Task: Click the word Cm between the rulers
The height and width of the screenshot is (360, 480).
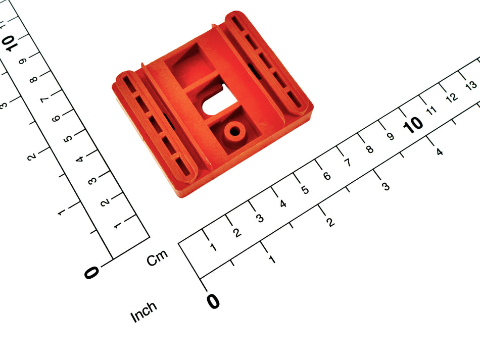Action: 157,258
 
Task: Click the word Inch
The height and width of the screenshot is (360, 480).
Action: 144,312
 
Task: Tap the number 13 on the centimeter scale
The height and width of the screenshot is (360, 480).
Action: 471,85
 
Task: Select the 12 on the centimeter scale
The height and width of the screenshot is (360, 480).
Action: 452,97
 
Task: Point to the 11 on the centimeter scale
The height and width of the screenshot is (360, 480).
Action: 431,110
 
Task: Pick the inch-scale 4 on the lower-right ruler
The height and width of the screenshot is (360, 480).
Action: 439,151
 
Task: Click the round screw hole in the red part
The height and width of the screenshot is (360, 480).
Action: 235,132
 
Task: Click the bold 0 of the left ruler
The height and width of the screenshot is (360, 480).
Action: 91,272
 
